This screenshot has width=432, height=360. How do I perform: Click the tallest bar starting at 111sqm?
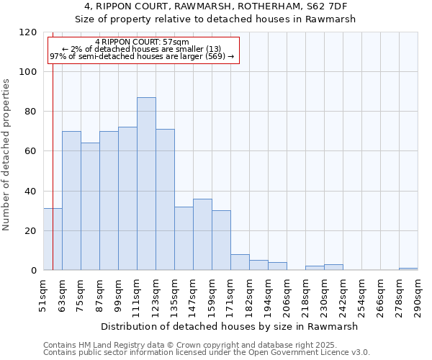[x=146, y=184]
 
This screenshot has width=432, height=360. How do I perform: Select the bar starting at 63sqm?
[x=71, y=201]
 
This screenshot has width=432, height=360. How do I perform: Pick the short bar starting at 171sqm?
[x=240, y=263]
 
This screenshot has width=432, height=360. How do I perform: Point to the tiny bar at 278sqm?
[x=408, y=269]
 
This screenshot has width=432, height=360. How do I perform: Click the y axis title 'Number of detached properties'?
[x=7, y=155]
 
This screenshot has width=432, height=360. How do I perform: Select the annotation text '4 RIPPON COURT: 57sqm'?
[x=142, y=42]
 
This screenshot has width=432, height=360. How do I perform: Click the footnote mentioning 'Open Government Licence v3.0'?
[x=206, y=353]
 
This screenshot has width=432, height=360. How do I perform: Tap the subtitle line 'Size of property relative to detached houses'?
[x=215, y=19]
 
